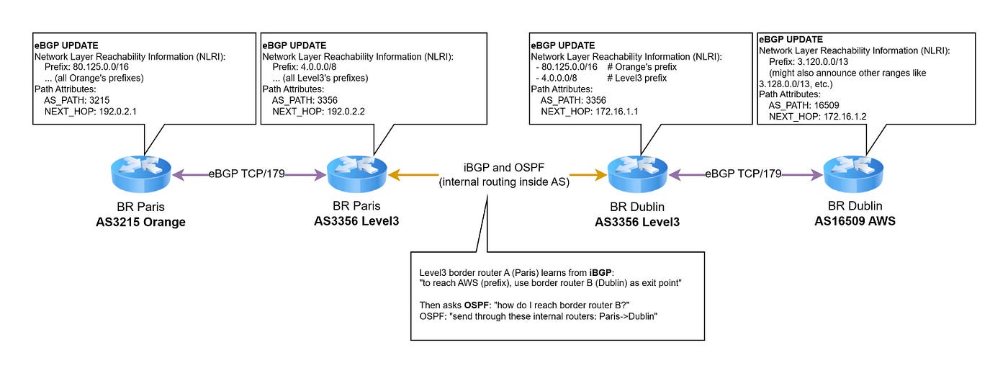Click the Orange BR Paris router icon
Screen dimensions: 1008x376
(x=141, y=174)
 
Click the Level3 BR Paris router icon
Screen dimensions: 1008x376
(x=357, y=174)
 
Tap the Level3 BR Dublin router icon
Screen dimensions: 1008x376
(x=637, y=174)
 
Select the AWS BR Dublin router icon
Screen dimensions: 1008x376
(x=853, y=174)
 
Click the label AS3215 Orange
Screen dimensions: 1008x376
(x=140, y=222)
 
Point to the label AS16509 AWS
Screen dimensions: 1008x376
(x=855, y=221)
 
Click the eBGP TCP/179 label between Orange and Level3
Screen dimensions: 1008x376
(x=246, y=174)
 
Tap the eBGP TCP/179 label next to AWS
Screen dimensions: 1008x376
(x=743, y=174)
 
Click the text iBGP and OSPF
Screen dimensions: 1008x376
(x=503, y=168)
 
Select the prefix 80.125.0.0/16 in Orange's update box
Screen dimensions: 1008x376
(x=101, y=67)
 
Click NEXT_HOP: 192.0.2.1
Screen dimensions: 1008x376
(x=91, y=111)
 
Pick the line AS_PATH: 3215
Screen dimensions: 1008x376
(x=77, y=100)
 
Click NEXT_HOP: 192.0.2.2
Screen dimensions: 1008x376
(x=318, y=111)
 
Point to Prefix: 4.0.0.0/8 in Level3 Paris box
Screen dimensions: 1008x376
(x=304, y=67)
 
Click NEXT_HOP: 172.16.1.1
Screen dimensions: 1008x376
(x=590, y=111)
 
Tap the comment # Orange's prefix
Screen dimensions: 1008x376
(x=642, y=67)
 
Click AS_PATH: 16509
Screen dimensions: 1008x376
(x=804, y=105)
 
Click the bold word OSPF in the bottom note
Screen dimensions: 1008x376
(x=477, y=305)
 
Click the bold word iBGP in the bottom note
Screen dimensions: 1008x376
(x=600, y=273)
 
